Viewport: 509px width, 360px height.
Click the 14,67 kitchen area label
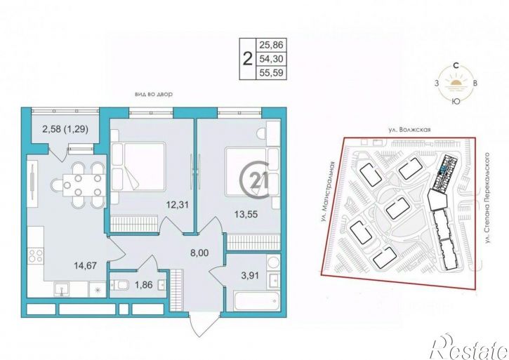tap(86, 266)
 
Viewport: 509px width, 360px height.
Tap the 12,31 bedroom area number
tap(177, 205)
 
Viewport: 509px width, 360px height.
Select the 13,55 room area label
tap(246, 214)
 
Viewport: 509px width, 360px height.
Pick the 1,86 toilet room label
tap(143, 285)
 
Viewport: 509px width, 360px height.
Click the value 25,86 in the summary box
tap(271, 45)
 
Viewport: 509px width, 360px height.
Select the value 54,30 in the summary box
tap(271, 59)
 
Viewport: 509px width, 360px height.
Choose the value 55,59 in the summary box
tap(271, 73)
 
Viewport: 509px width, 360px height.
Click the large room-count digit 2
tap(247, 59)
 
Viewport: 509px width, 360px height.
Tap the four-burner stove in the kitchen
tap(35, 255)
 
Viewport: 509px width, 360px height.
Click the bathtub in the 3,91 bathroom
tap(256, 301)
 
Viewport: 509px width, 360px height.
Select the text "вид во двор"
tap(154, 95)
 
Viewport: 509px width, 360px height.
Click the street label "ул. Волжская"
tap(410, 130)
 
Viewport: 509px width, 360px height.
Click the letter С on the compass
tap(456, 66)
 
